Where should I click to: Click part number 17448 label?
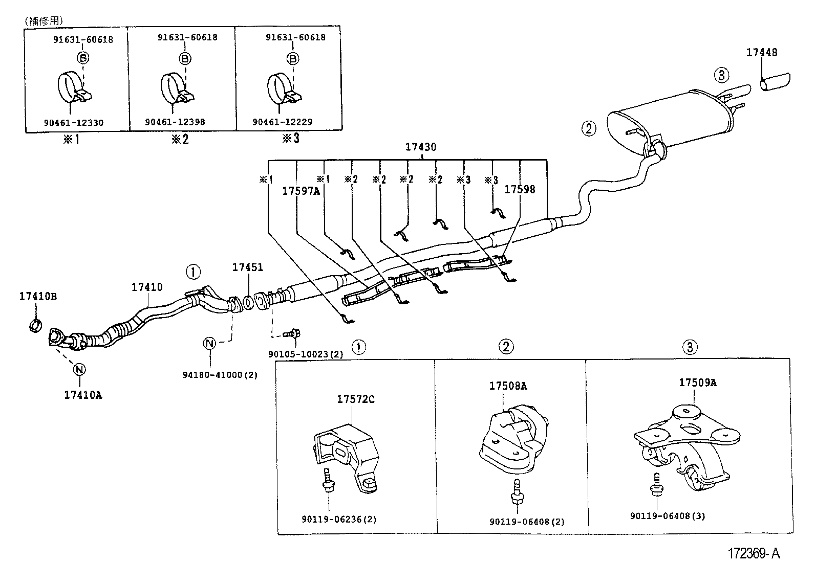761,52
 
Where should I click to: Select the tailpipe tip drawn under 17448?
775,83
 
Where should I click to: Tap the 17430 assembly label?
420,147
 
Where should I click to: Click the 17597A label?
301,191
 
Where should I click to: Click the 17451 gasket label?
247,267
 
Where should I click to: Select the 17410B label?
38,296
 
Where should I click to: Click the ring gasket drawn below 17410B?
35,324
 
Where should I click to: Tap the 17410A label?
82,395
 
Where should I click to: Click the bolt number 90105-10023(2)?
306,354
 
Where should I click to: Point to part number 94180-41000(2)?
220,375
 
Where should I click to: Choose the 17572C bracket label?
355,399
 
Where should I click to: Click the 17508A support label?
507,386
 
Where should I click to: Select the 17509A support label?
697,383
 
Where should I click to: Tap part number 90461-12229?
282,122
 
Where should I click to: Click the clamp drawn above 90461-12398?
177,88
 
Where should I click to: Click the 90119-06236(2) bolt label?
339,520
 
